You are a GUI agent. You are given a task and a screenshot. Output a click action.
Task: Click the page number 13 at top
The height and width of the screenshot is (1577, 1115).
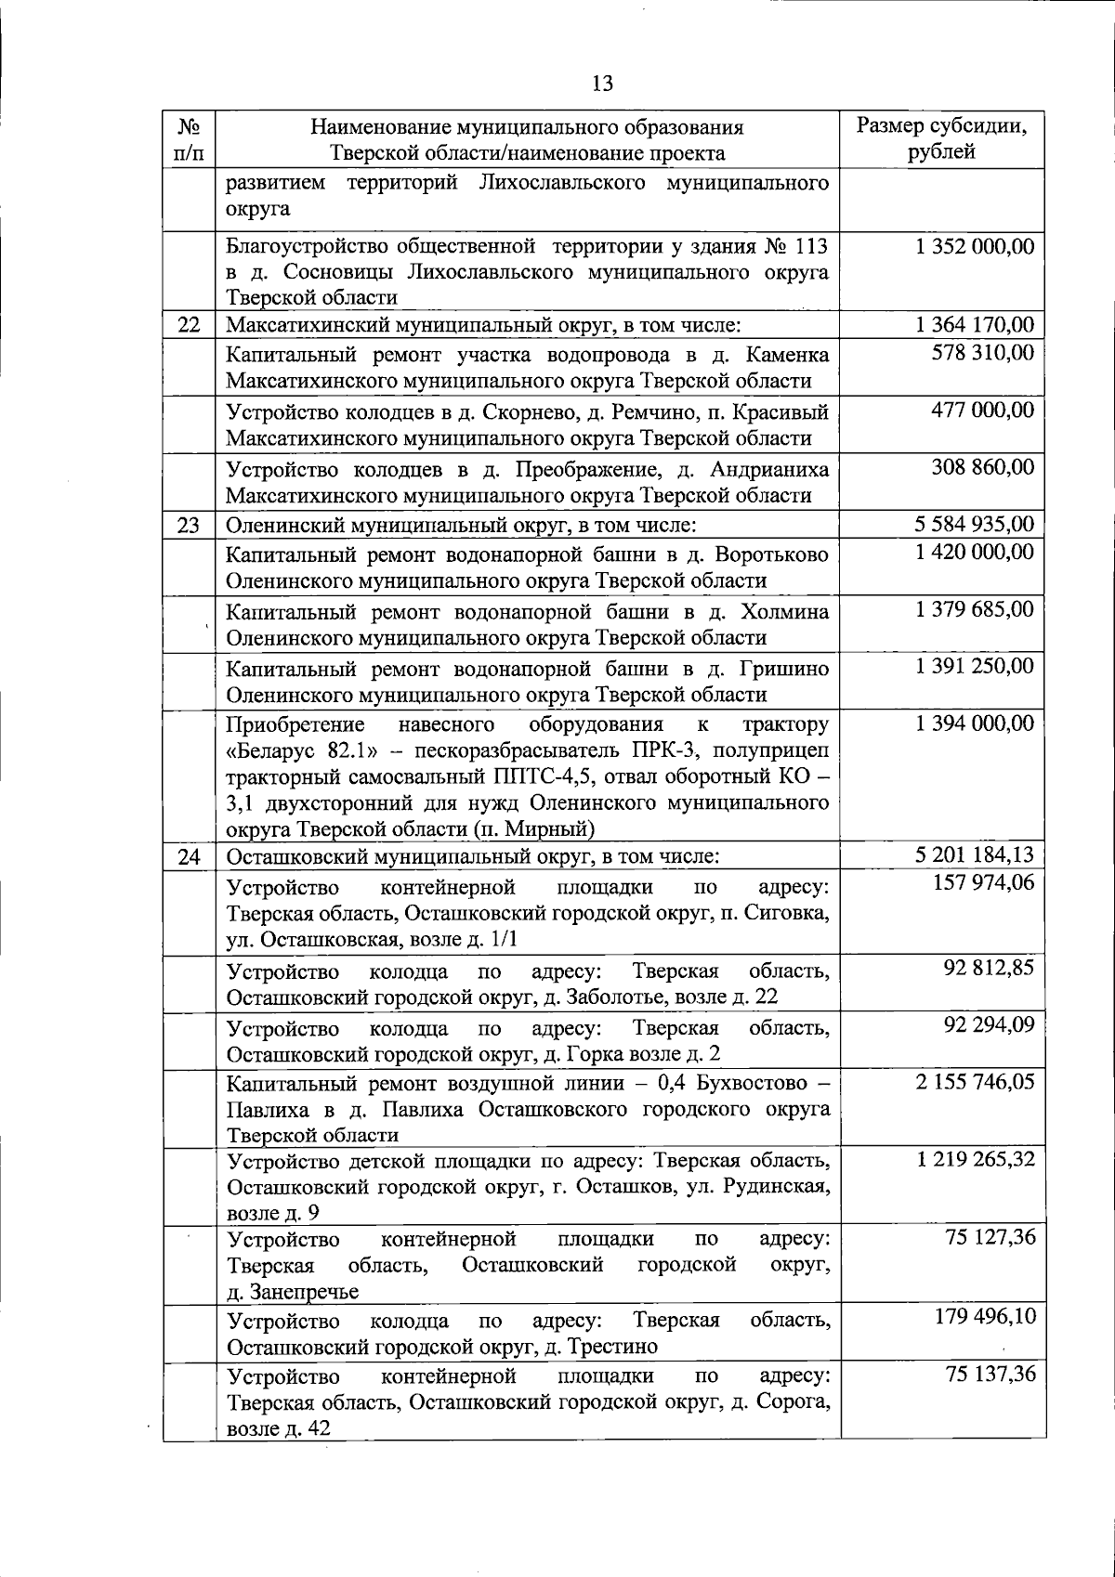[602, 84]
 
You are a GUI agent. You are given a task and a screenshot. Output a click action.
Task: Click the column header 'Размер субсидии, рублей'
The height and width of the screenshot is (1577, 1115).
[941, 139]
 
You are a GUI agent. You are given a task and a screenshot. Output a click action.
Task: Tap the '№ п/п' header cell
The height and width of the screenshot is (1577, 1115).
[189, 139]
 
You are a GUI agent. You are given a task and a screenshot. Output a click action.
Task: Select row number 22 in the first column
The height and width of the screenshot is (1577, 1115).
[189, 326]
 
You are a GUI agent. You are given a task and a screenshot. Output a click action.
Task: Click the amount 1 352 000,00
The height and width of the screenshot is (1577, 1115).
[974, 246]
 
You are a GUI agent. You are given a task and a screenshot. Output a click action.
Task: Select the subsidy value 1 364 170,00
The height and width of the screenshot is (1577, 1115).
[974, 325]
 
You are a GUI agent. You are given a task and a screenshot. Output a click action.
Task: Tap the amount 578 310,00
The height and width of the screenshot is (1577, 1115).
[983, 352]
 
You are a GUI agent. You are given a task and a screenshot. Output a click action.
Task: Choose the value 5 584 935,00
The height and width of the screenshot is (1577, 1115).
[974, 525]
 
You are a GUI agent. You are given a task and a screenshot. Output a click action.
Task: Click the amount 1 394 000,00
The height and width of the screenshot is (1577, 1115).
[974, 723]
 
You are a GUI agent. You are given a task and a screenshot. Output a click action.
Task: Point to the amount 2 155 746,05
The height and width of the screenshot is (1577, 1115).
[974, 1082]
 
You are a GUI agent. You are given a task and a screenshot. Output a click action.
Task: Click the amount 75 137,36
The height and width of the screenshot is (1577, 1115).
[990, 1375]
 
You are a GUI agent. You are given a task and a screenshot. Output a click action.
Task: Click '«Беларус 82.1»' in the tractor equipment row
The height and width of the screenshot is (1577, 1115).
[298, 750]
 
